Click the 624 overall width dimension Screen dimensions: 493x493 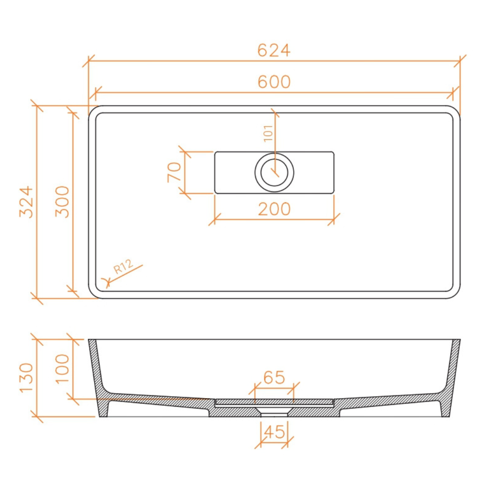(x=273, y=50)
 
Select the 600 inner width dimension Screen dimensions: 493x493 (x=274, y=82)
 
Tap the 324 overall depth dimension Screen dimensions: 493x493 (x=26, y=202)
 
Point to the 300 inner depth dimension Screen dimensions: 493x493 (x=62, y=202)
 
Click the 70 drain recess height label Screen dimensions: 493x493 (x=174, y=172)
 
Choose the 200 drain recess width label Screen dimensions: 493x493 (x=274, y=209)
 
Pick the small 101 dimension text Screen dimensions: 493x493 (x=268, y=134)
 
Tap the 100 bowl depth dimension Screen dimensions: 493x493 (x=62, y=368)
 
